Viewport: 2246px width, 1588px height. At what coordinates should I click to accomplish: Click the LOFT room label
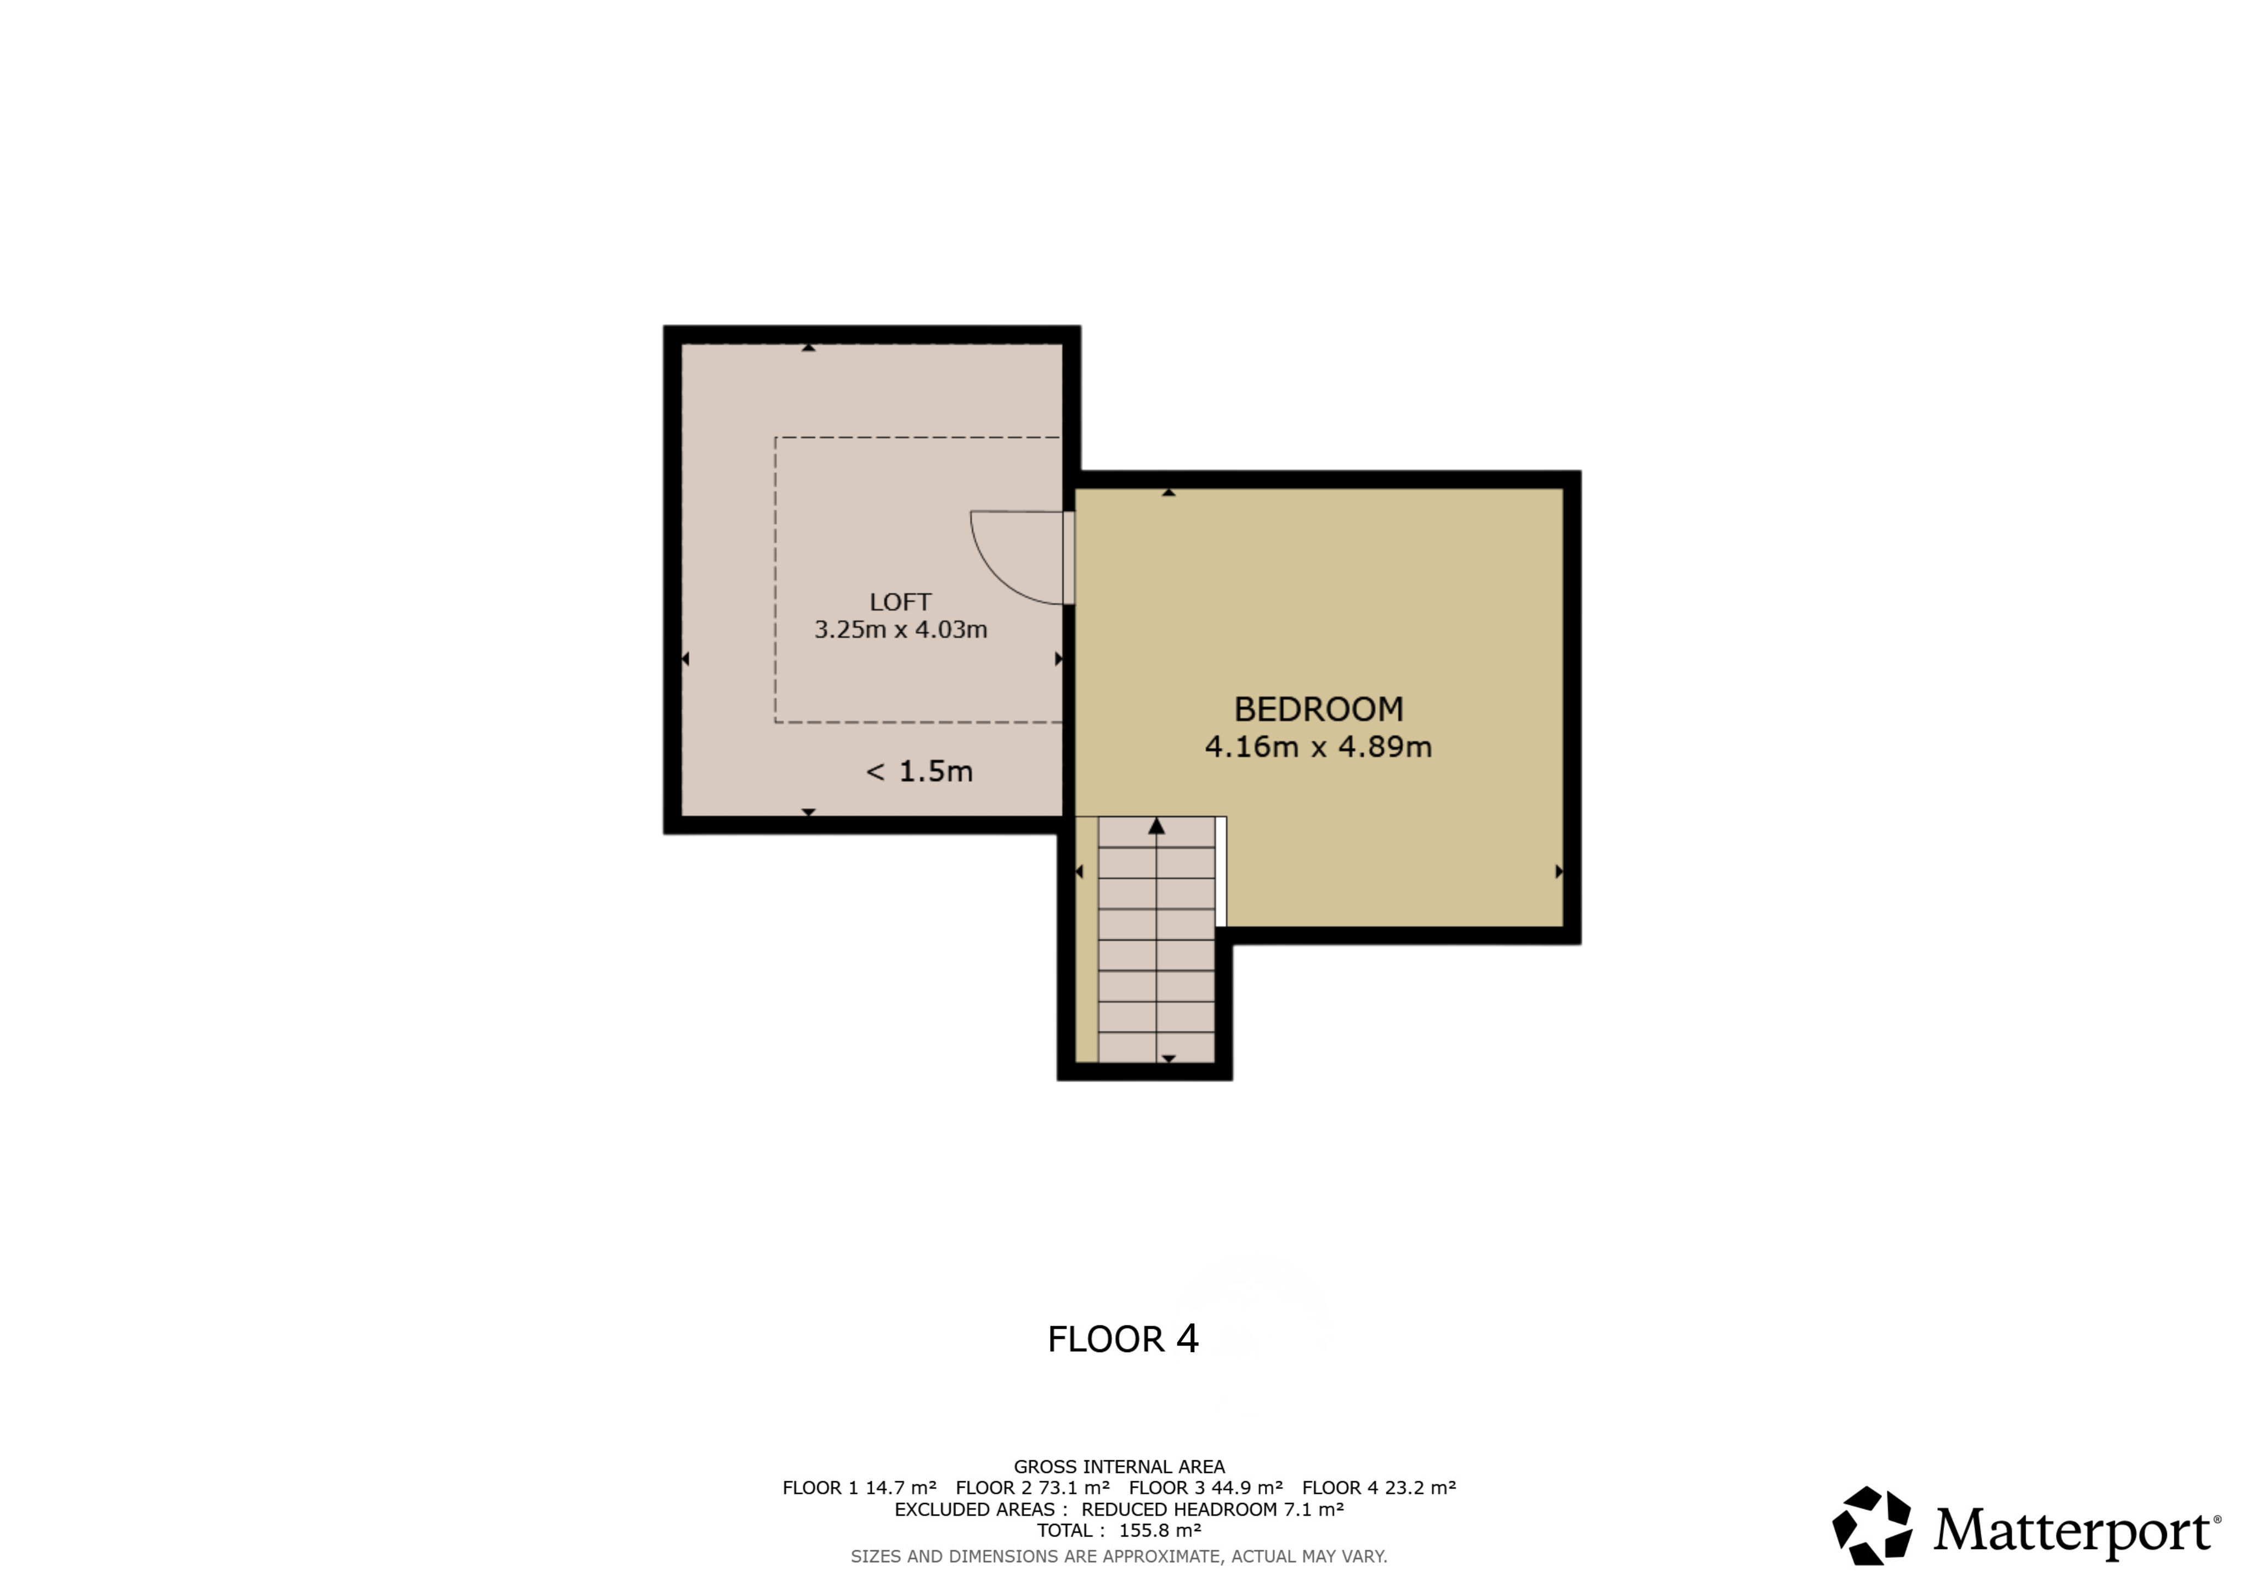pyautogui.click(x=900, y=602)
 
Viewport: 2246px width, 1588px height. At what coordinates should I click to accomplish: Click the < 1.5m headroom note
pyautogui.click(x=920, y=772)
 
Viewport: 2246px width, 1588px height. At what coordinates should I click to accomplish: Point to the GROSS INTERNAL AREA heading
pyautogui.click(x=1119, y=1467)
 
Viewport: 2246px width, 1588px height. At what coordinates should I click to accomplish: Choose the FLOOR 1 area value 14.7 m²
pyautogui.click(x=901, y=1488)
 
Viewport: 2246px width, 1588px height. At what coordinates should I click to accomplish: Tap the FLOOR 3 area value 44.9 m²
pyautogui.click(x=1247, y=1488)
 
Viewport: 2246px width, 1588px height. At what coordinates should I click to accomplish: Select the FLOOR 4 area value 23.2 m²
pyautogui.click(x=1420, y=1488)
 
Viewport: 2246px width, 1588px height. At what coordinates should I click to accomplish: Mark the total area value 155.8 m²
pyautogui.click(x=1160, y=1530)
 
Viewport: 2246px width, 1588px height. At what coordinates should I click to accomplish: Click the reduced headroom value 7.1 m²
pyautogui.click(x=1314, y=1510)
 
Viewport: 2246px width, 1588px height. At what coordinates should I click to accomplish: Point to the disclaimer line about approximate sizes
pyautogui.click(x=1119, y=1556)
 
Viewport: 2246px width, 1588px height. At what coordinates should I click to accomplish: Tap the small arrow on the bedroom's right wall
pyautogui.click(x=1559, y=871)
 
